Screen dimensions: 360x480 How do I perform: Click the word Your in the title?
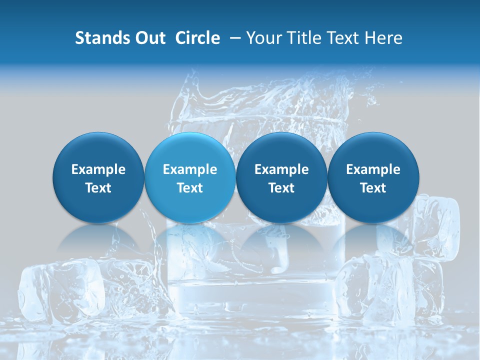click(x=262, y=38)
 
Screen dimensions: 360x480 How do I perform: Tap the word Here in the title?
click(x=383, y=38)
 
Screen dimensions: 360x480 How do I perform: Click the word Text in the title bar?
click(x=341, y=38)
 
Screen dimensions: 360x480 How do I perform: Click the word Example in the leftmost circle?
click(x=98, y=169)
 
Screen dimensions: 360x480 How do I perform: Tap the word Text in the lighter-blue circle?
click(x=190, y=188)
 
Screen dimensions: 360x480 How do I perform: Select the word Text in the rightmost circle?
click(x=373, y=188)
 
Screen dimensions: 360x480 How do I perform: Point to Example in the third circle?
click(x=281, y=169)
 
